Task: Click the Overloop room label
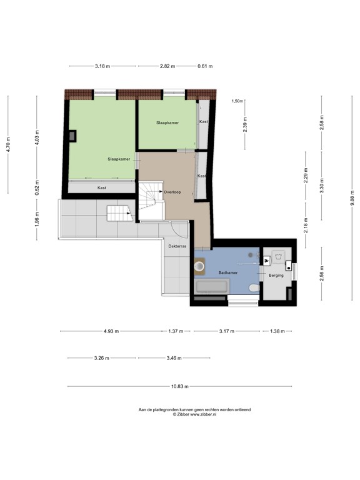[172, 192]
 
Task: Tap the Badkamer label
[227, 272]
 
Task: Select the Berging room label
[276, 275]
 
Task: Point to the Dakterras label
[177, 246]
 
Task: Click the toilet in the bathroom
[254, 287]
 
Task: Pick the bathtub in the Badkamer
[212, 286]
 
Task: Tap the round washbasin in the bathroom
[199, 266]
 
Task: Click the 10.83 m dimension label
[180, 386]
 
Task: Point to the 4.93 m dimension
[111, 331]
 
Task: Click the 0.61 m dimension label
[205, 66]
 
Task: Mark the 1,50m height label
[237, 101]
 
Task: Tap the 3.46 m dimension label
[174, 358]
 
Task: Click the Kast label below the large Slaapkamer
[102, 187]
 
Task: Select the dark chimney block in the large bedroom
[72, 136]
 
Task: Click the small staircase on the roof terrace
[119, 213]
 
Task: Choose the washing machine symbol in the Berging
[278, 256]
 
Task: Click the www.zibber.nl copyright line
[195, 414]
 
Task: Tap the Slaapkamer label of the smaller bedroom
[167, 122]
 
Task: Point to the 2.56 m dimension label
[321, 274]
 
